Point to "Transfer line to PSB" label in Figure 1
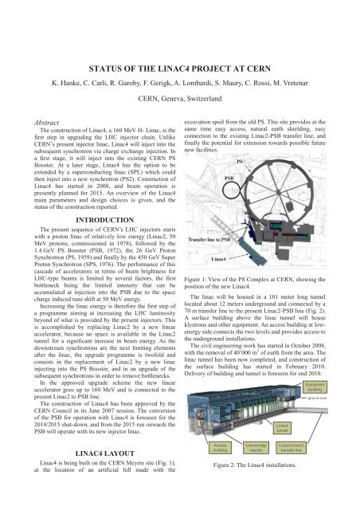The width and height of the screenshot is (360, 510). (x=209, y=238)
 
